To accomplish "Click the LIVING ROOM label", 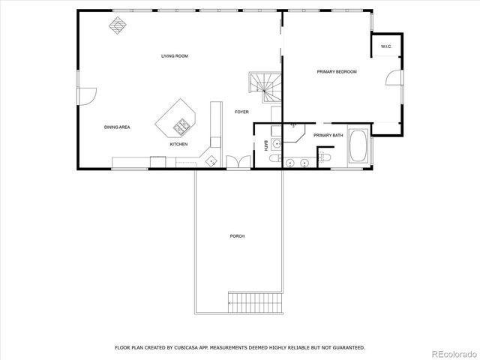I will click(174, 56).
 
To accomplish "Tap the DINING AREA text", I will click(117, 127).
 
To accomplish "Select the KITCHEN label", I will click(178, 144).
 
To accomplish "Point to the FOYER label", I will click(241, 112).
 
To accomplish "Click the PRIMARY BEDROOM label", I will click(336, 72).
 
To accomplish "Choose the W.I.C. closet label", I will click(386, 46).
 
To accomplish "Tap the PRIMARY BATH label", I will click(328, 135).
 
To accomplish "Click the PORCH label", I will click(237, 236).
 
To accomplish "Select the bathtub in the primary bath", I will click(358, 148).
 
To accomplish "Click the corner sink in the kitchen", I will click(211, 160).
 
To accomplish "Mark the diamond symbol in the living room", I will click(117, 25).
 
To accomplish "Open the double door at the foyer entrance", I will click(238, 162).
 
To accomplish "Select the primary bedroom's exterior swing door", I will click(394, 80).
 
